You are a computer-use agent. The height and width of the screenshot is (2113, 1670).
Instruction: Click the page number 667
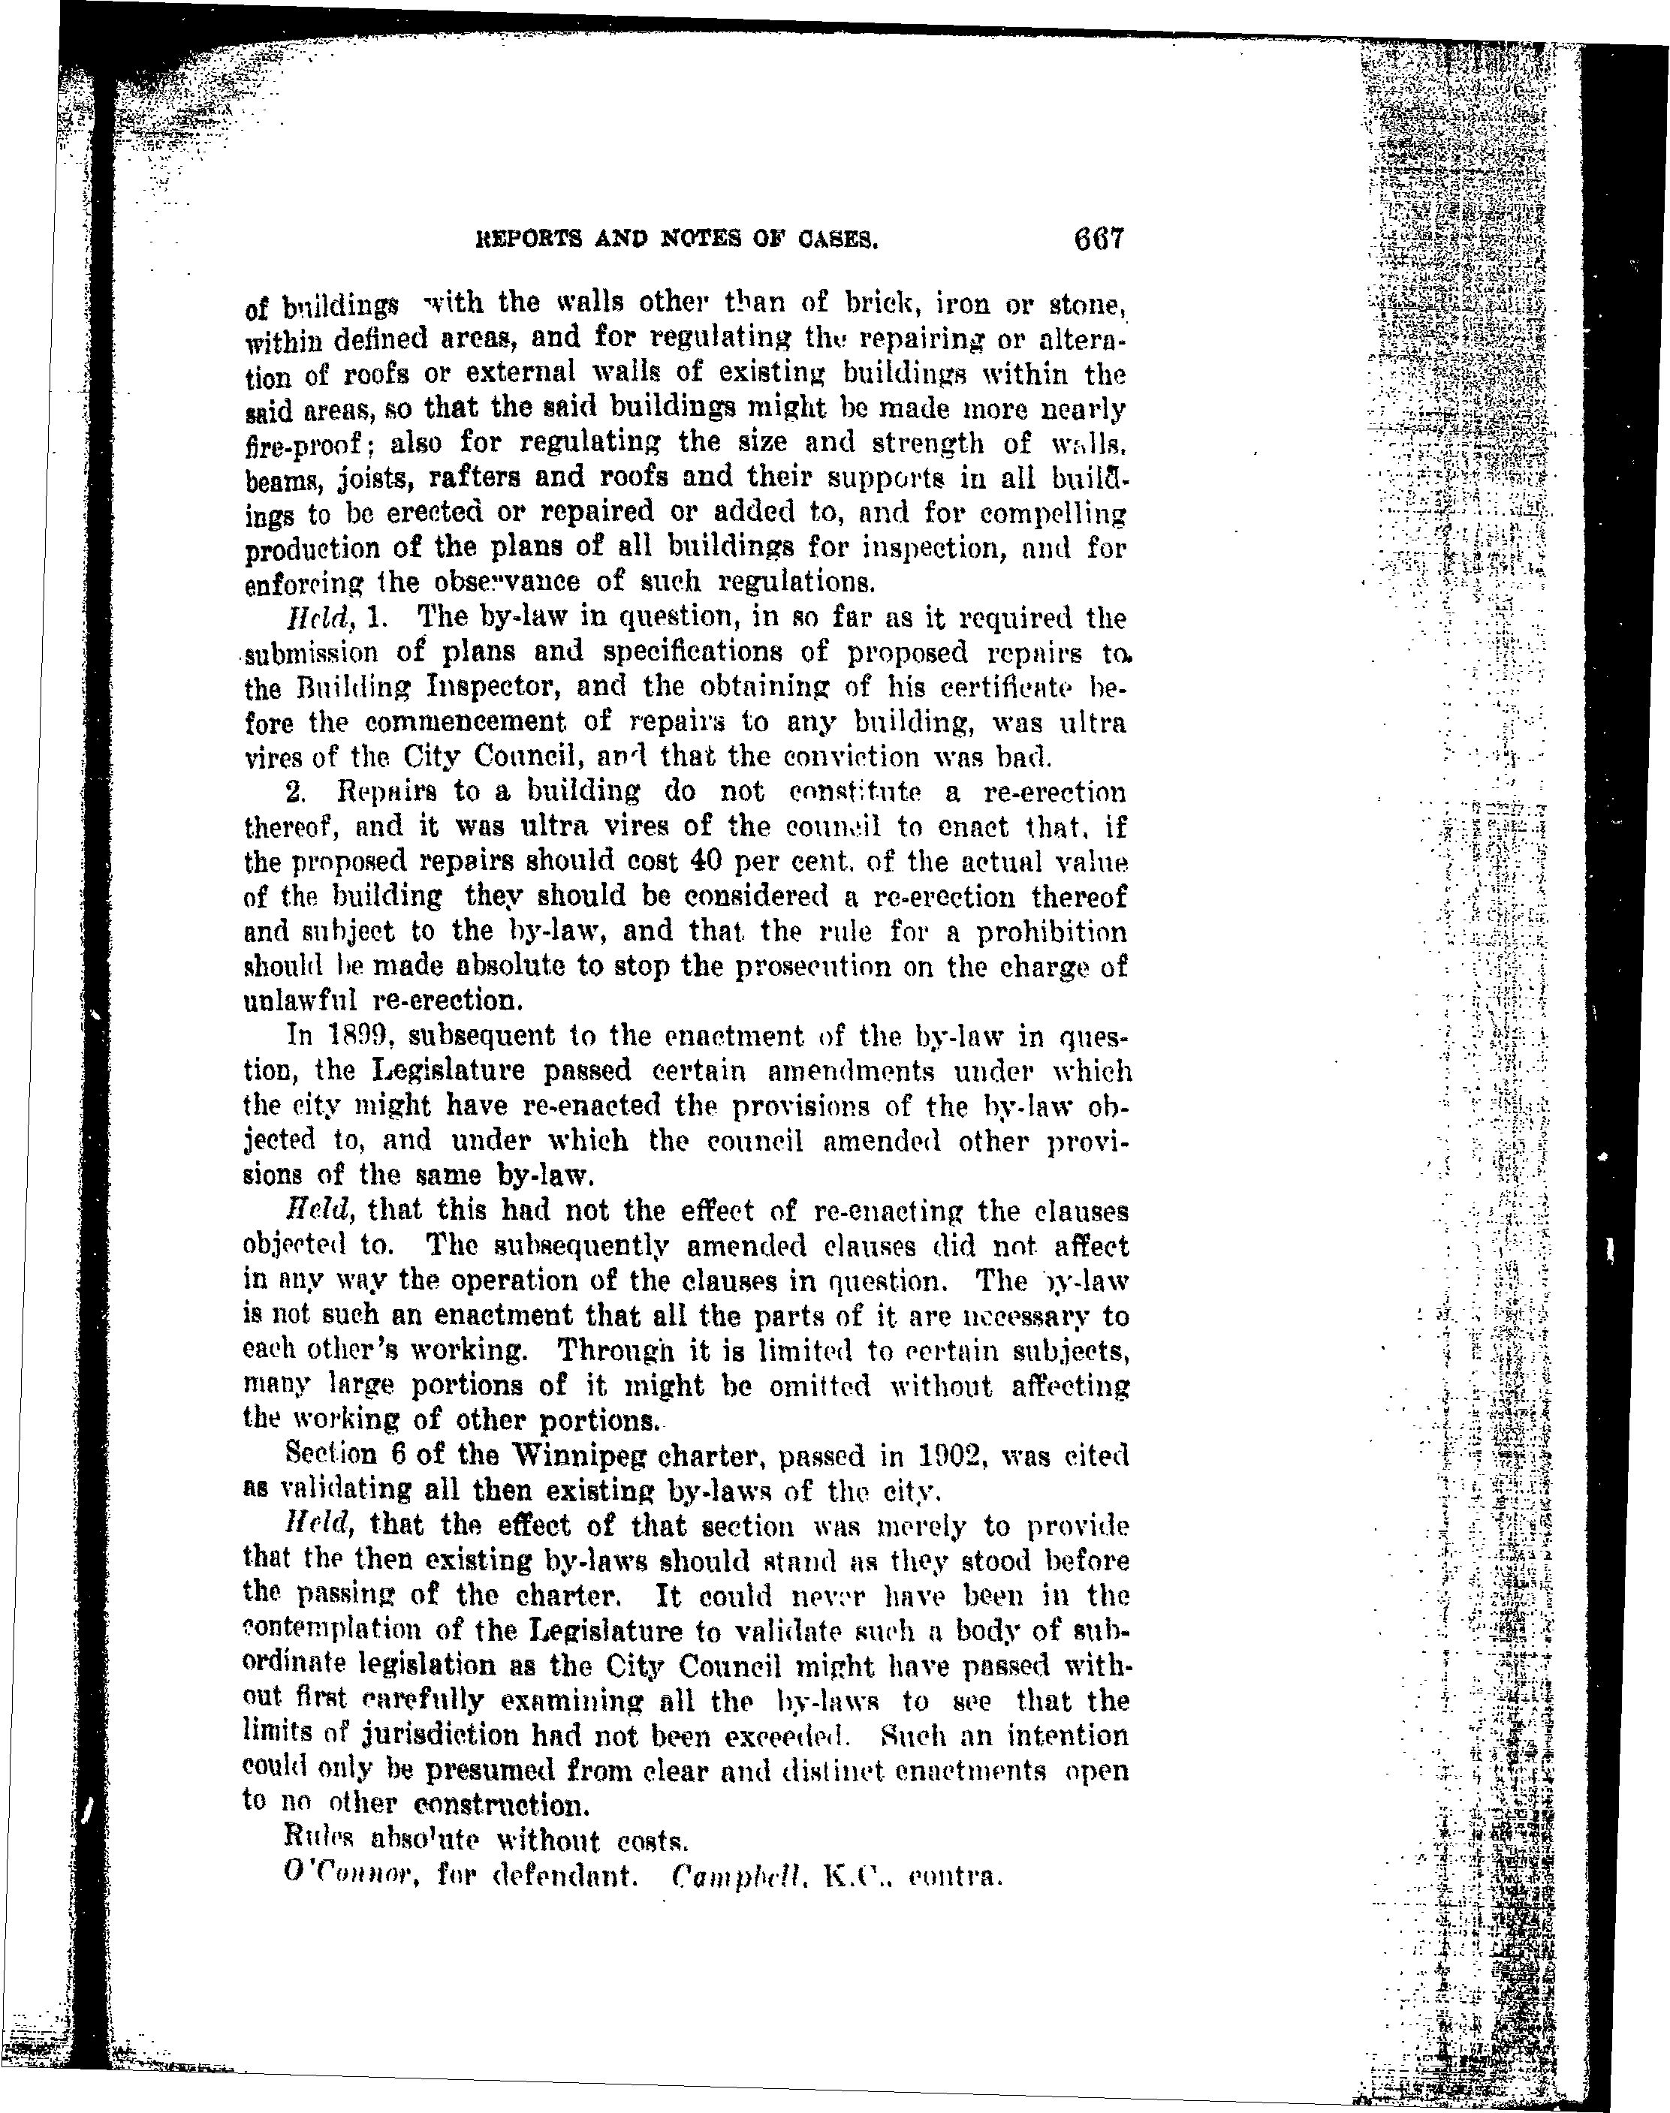pos(1099,239)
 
